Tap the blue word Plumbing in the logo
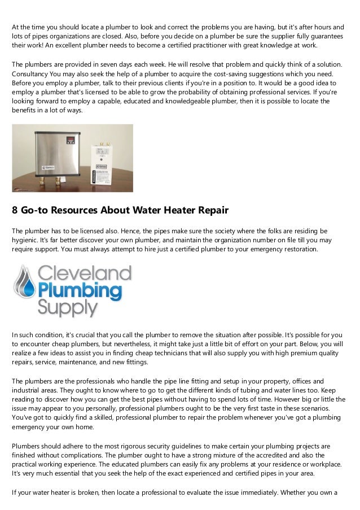(80, 291)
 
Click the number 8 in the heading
(15, 211)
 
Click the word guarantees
(324, 36)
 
